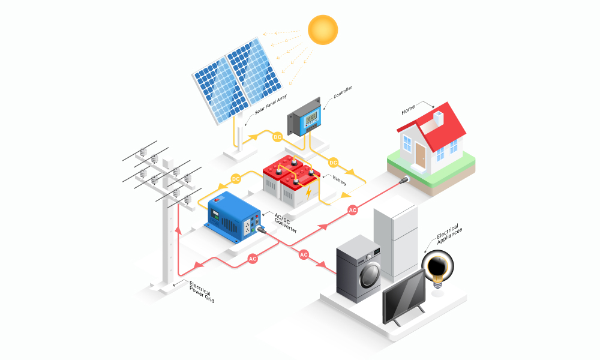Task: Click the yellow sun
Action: (x=323, y=30)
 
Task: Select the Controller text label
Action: (x=343, y=92)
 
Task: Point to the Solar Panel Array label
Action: (x=271, y=104)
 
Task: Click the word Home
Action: (x=408, y=109)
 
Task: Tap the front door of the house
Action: (x=420, y=155)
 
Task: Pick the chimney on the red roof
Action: (x=438, y=118)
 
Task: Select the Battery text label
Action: (x=340, y=180)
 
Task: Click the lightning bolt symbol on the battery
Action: (x=308, y=193)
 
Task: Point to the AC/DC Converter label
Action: (x=286, y=223)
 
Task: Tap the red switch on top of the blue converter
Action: (x=217, y=199)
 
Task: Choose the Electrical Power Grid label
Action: (x=202, y=292)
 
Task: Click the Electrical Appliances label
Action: (x=449, y=233)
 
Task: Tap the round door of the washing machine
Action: (x=370, y=275)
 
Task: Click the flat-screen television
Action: (x=404, y=297)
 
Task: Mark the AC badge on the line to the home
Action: (x=352, y=210)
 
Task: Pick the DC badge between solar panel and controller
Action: (x=277, y=137)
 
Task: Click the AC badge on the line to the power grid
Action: (x=253, y=259)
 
